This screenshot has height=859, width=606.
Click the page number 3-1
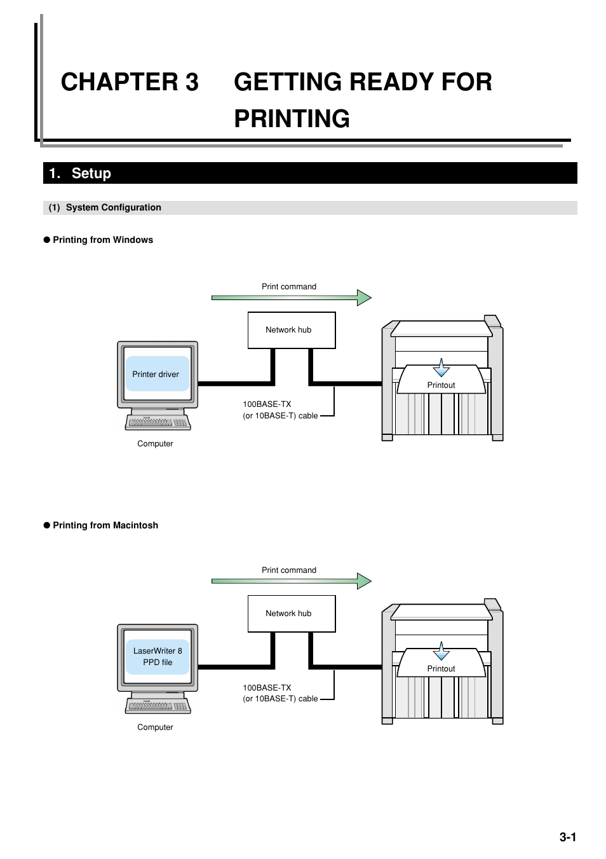567,837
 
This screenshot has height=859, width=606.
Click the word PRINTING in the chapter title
292,119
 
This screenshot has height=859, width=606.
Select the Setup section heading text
91,174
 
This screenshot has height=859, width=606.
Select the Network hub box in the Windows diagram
291,330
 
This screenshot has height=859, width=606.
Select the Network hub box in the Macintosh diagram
291,614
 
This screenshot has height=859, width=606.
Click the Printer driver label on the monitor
156,375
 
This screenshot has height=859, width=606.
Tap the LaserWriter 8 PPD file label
158,656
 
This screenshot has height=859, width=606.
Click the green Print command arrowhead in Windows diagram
363,298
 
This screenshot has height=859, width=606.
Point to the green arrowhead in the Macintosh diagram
363,581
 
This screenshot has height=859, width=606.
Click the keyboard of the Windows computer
158,422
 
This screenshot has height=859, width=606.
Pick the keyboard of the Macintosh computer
158,706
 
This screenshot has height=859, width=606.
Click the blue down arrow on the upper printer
441,368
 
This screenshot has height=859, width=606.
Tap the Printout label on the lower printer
441,669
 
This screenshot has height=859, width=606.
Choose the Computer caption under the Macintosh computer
155,727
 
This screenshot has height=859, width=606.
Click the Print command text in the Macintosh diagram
288,570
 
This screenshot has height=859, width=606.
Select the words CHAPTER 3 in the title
130,82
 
